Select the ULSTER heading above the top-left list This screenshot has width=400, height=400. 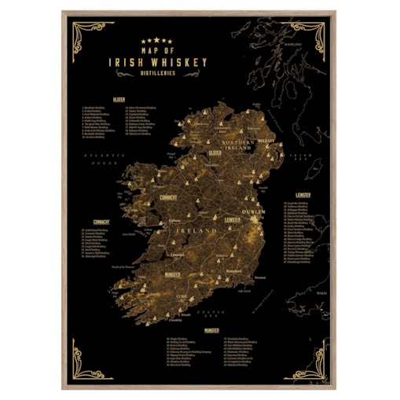118,100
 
